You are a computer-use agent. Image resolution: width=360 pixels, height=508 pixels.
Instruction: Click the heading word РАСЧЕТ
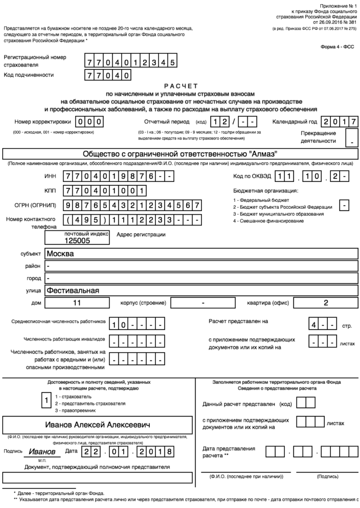click(x=181, y=86)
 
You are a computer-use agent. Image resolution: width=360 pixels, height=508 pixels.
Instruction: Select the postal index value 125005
click(x=77, y=240)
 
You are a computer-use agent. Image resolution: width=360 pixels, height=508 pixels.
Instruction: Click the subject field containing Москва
click(x=201, y=253)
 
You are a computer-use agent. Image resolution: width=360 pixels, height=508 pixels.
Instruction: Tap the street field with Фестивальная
click(x=201, y=290)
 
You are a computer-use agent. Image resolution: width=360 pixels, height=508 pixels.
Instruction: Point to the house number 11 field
click(x=77, y=303)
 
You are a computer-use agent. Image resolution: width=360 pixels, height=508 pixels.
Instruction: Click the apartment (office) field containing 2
click(x=326, y=303)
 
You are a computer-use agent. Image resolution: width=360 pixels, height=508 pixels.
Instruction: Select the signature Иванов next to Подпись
click(x=42, y=451)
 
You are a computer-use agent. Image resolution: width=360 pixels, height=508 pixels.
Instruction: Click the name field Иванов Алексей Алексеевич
click(x=97, y=425)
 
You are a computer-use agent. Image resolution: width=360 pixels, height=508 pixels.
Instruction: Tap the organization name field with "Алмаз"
click(x=180, y=154)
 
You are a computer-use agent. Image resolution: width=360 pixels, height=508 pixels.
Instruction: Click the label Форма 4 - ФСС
click(x=337, y=47)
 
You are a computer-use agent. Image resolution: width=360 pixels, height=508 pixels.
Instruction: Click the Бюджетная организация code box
click(x=345, y=205)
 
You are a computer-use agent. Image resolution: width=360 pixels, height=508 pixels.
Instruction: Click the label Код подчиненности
click(x=29, y=75)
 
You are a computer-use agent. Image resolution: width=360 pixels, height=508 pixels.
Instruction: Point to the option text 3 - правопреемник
click(x=75, y=410)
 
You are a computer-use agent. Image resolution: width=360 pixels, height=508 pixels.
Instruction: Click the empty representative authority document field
click(x=97, y=477)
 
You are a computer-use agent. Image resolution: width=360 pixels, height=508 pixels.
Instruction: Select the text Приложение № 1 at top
click(x=338, y=5)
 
